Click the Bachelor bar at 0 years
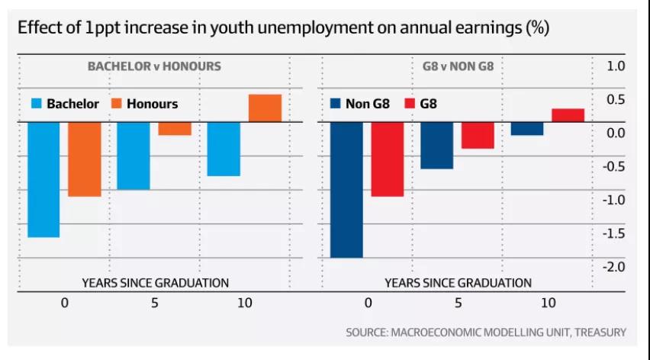43,179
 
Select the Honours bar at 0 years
84,159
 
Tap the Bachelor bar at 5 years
134,156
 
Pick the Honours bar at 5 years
175,129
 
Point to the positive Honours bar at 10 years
265,108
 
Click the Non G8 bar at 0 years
346,189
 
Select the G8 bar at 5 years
478,135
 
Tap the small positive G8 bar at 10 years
568,115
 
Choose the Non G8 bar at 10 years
527,129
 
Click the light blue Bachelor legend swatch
36,104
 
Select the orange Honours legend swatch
117,104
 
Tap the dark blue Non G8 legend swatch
336,104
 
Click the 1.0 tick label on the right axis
615,66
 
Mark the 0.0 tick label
615,133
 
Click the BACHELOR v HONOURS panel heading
154,66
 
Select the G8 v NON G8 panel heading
458,66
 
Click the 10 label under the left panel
244,303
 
